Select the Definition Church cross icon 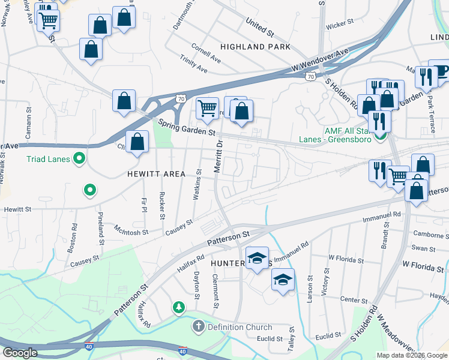point(197,327)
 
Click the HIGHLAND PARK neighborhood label point(255,47)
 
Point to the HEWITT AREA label point(155,173)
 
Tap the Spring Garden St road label point(187,127)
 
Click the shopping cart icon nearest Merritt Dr point(207,109)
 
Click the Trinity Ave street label point(193,64)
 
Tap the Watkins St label point(199,184)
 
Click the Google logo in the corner point(20,353)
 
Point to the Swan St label point(423,248)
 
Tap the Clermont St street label point(214,291)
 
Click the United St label point(259,25)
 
